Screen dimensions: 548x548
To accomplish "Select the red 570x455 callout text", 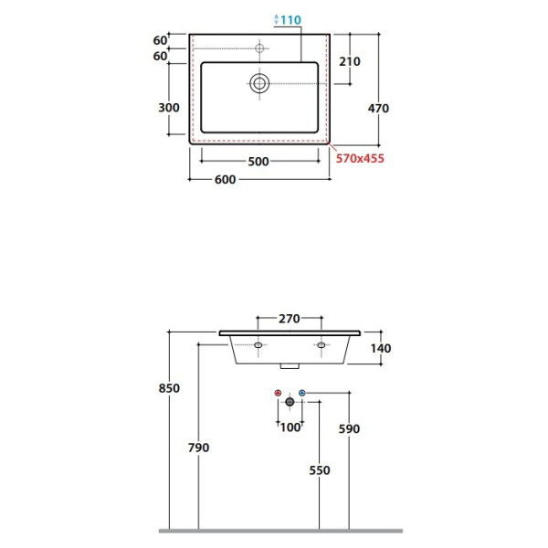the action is [360, 158].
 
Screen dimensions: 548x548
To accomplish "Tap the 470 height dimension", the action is [378, 109].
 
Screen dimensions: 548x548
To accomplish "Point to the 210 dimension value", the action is [350, 61].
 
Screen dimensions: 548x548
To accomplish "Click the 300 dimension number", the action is [169, 108].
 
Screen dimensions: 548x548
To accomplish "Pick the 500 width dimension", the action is [258, 162].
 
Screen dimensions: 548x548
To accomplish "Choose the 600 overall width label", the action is [225, 180].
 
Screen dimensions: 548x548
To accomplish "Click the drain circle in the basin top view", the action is [259, 83].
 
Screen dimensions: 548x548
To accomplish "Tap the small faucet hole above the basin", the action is [259, 48].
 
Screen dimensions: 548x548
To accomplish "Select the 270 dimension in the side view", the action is [289, 319].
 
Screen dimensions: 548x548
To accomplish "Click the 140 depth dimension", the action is [381, 349].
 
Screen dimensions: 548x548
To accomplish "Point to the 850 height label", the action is [169, 388].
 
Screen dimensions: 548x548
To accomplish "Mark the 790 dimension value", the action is [198, 448].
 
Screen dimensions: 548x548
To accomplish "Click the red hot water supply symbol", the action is [278, 393].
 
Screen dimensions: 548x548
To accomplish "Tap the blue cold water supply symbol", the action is [302, 393].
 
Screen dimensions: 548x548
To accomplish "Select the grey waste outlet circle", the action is [290, 402].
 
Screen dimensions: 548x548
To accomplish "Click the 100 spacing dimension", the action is [290, 427].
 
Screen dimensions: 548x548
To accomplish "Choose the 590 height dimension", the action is [349, 429].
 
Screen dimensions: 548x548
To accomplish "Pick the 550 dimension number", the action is [320, 470].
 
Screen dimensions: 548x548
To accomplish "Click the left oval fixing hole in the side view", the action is [258, 345].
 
